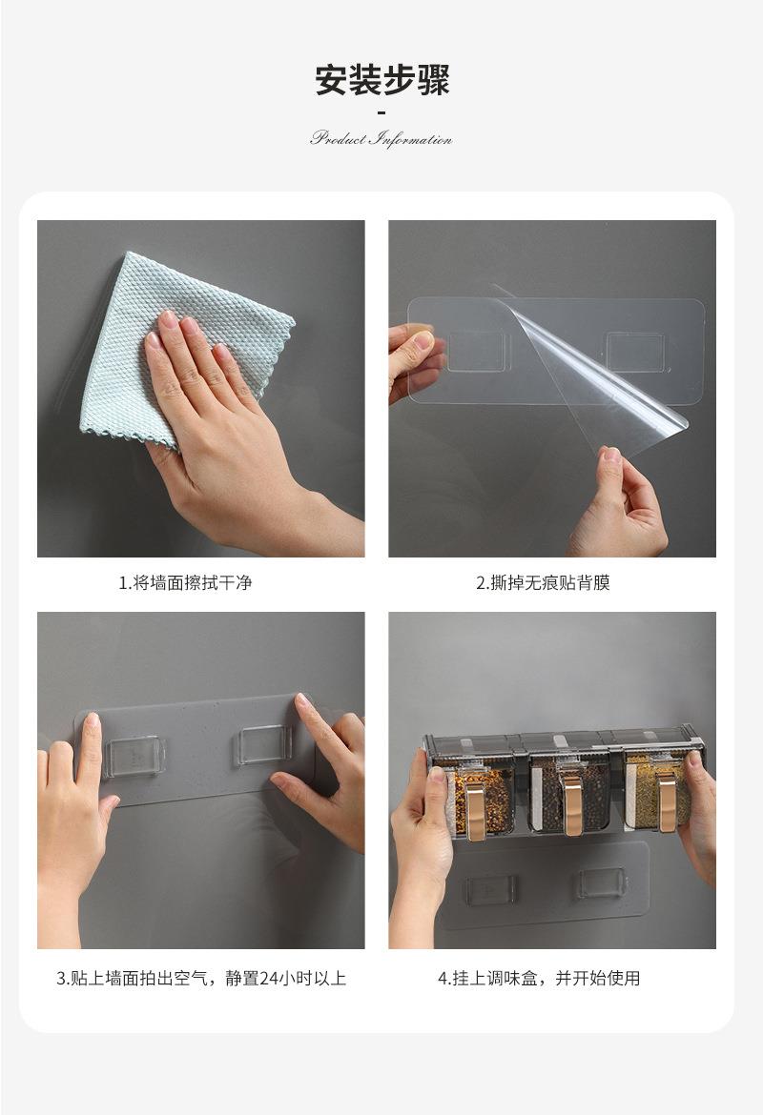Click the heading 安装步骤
click(x=382, y=80)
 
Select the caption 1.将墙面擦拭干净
click(x=185, y=583)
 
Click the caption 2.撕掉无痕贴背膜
click(x=543, y=583)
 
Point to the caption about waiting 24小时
click(x=201, y=979)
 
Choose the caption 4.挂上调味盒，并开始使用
click(x=539, y=979)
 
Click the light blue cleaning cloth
click(x=187, y=349)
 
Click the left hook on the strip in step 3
click(x=134, y=757)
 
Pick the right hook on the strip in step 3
click(x=262, y=745)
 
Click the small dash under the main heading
click(x=381, y=112)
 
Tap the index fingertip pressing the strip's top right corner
click(x=302, y=701)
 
